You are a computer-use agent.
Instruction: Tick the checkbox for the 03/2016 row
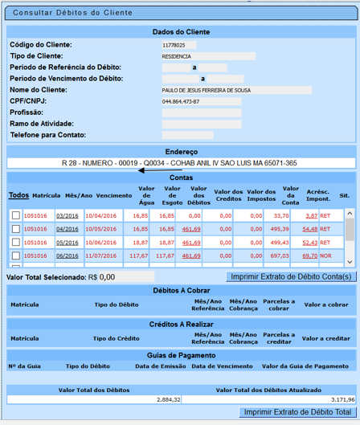tap(16, 216)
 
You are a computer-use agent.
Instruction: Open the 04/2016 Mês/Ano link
tap(67, 229)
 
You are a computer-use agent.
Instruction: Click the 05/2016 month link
tap(67, 242)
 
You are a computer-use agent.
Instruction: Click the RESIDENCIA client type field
tap(207, 57)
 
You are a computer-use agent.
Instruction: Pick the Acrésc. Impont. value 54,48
tap(310, 229)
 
